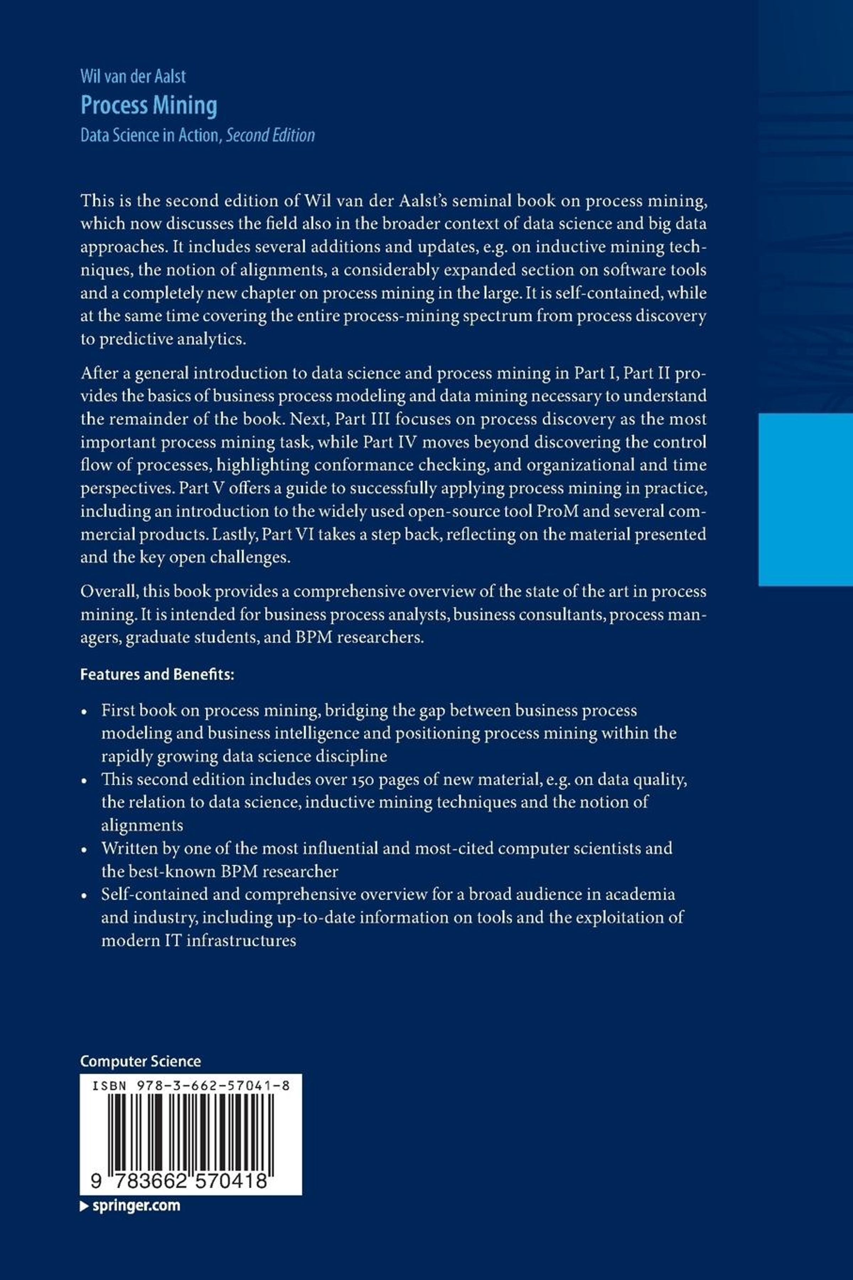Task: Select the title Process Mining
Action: pos(149,105)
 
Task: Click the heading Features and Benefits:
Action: pos(157,674)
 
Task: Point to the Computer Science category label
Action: pos(140,1061)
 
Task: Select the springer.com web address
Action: pos(136,1205)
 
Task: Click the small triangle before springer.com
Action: pos(84,1206)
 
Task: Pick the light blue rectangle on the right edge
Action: pos(805,499)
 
